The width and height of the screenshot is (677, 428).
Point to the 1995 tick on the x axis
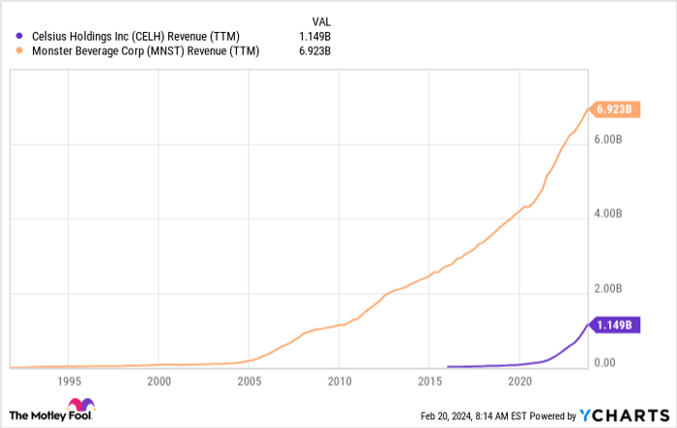pos(68,381)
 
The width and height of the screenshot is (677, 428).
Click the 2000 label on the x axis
pos(159,381)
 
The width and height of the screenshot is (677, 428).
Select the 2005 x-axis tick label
pos(249,381)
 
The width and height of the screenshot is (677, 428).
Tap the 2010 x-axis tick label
pos(339,381)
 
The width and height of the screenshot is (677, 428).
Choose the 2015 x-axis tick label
pos(430,381)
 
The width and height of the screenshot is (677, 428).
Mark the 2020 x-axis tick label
pos(520,381)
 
